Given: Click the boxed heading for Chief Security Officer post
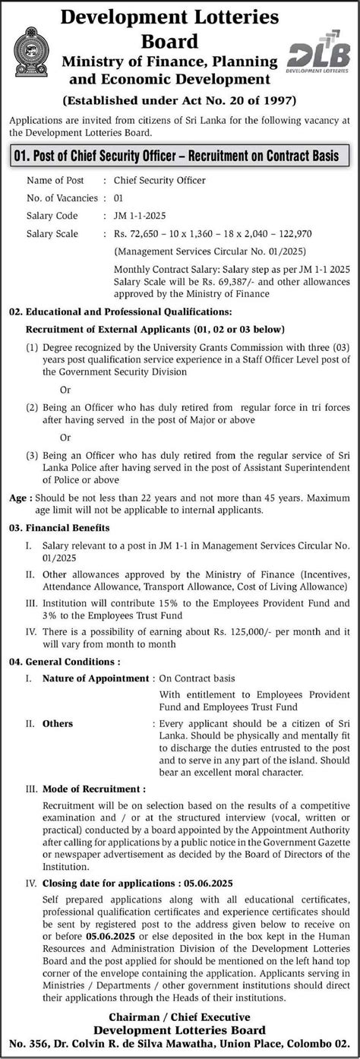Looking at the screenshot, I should (x=179, y=156).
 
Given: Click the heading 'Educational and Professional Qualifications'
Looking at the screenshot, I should (x=131, y=311).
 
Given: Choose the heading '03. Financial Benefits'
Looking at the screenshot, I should (x=59, y=526).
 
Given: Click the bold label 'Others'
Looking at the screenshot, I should (x=58, y=723).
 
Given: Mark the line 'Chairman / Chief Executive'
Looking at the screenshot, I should (x=180, y=1016).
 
